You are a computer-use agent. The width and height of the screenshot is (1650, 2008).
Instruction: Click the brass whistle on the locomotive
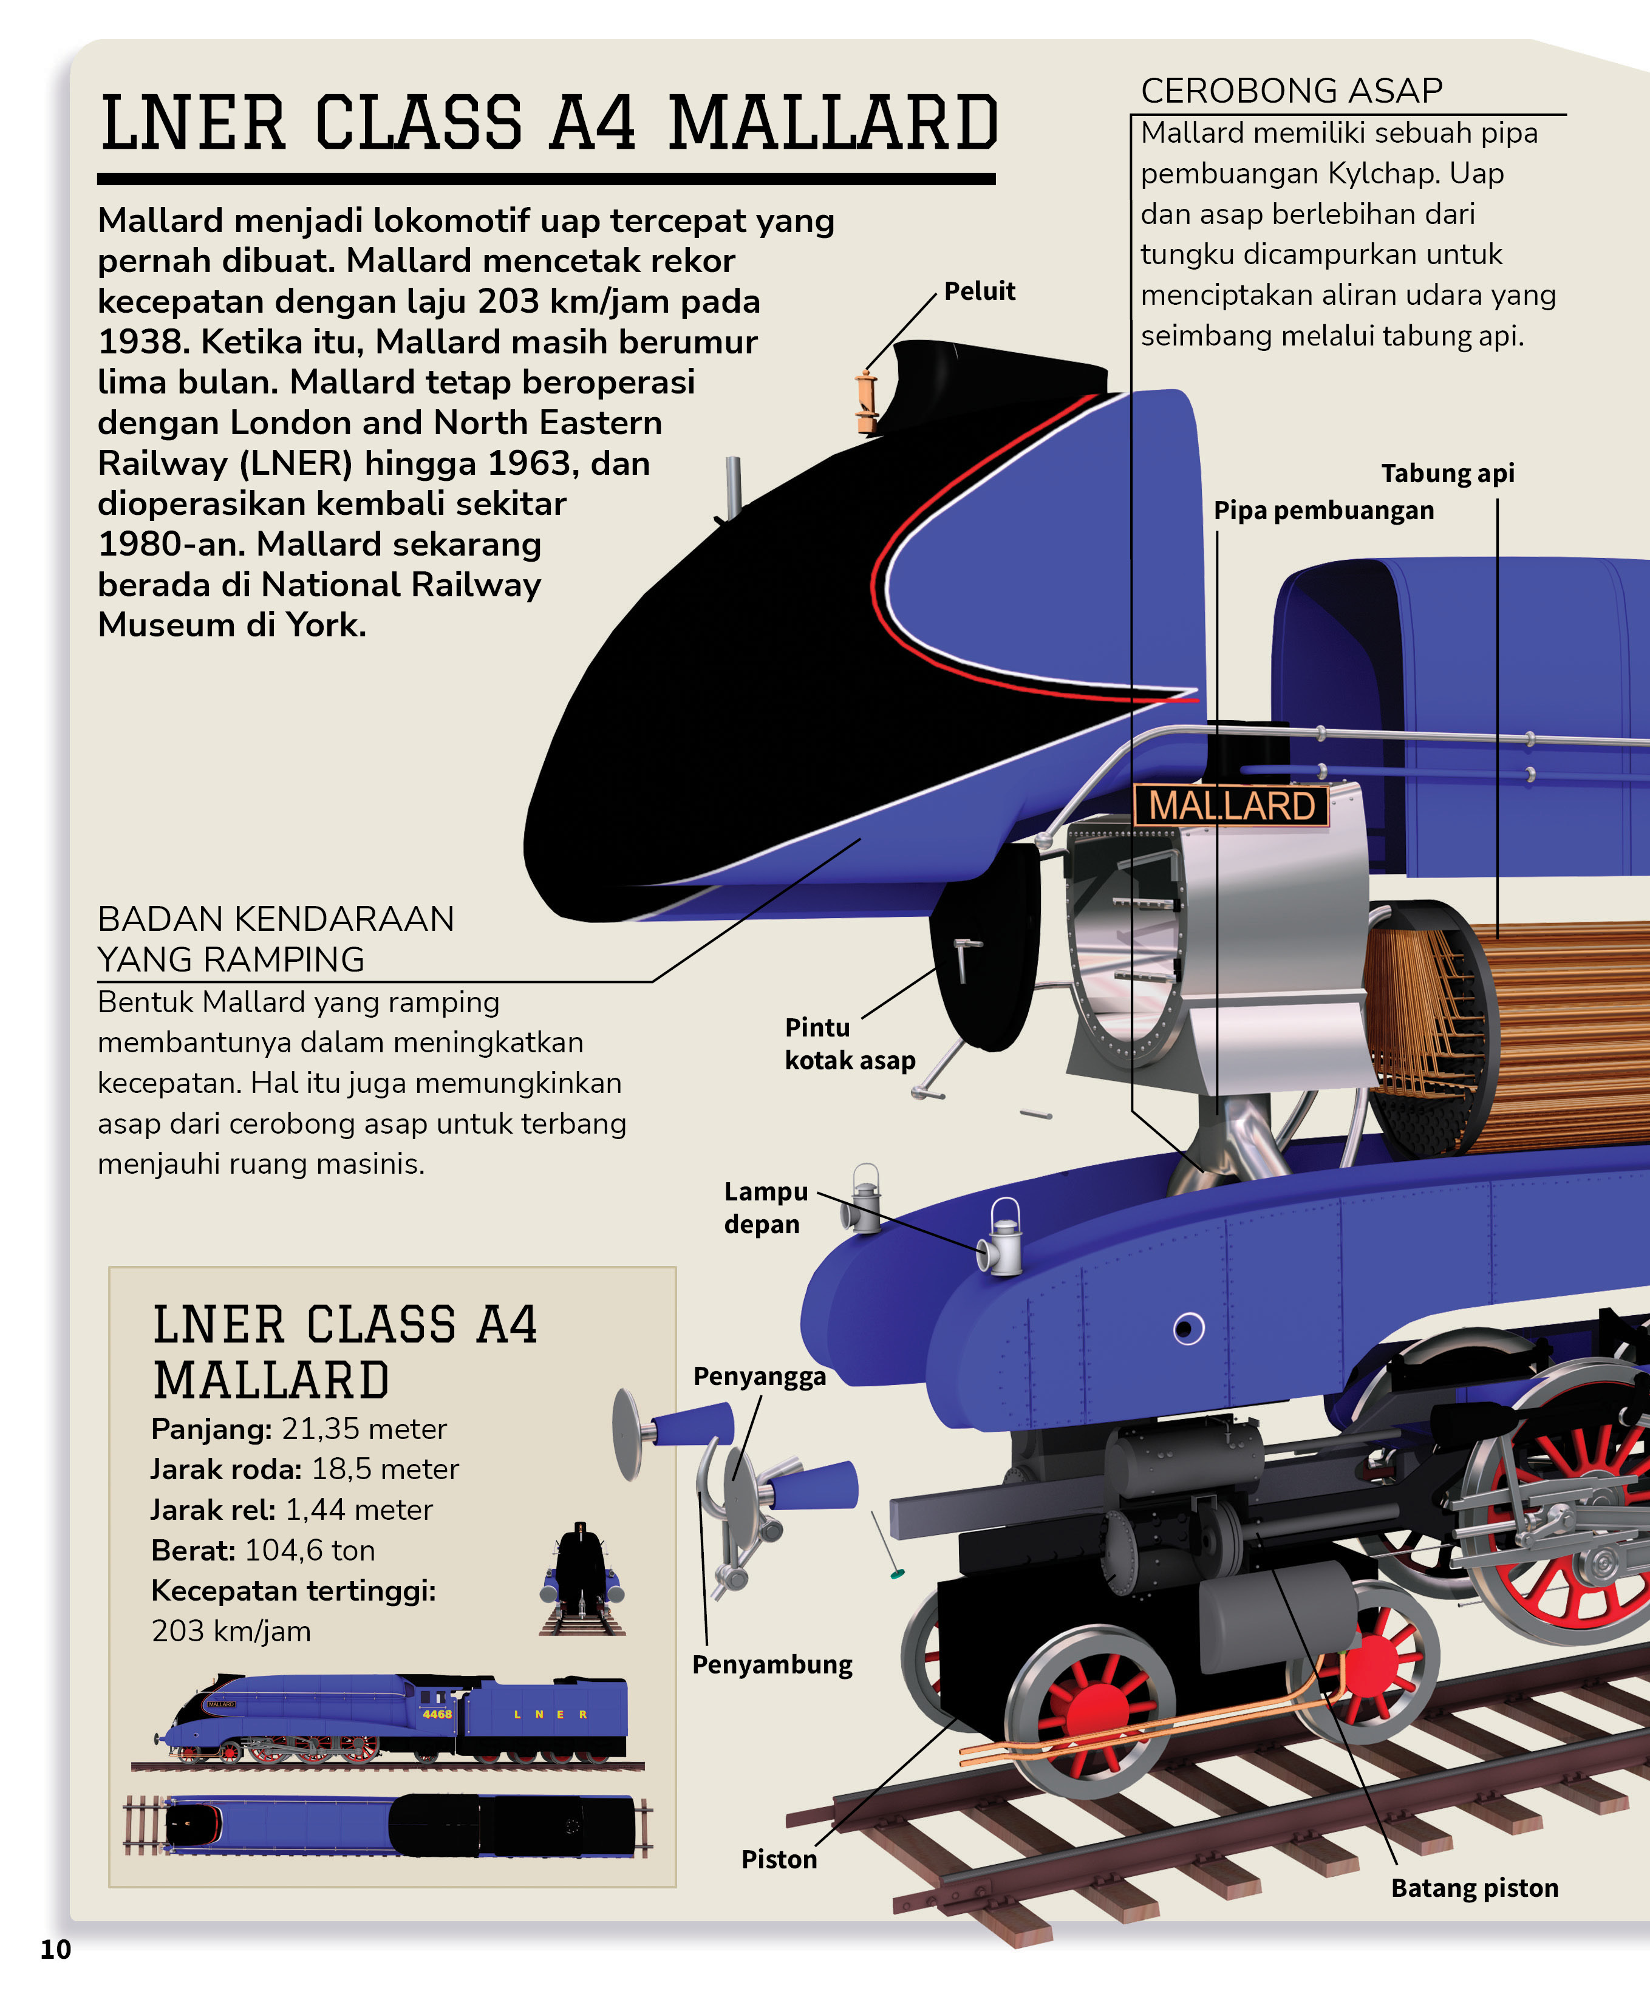pyautogui.click(x=866, y=401)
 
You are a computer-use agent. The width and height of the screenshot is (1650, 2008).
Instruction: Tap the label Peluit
pyautogui.click(x=979, y=291)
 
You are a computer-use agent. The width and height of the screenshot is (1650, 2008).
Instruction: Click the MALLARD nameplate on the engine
pyautogui.click(x=1231, y=806)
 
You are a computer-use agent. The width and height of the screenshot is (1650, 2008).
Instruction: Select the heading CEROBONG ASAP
pyautogui.click(x=1290, y=90)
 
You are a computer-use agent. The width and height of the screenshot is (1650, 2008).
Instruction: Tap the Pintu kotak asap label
pyautogui.click(x=849, y=1043)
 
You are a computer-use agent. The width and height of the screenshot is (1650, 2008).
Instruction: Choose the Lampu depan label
pyautogui.click(x=765, y=1207)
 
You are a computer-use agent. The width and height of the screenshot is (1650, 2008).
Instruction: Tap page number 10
pyautogui.click(x=55, y=1949)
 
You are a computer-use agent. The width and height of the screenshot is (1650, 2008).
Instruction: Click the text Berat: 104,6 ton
pyautogui.click(x=262, y=1550)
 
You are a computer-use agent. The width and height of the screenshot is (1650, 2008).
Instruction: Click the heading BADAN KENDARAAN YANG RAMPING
pyautogui.click(x=276, y=939)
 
